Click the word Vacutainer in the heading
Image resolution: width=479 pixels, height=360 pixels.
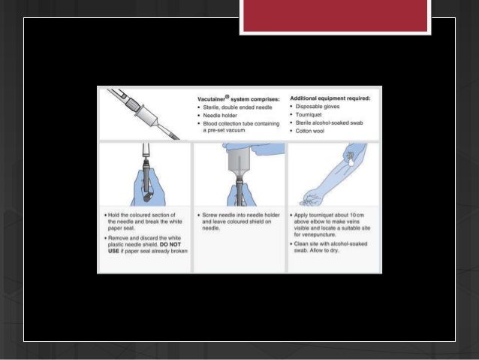(x=213, y=98)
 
